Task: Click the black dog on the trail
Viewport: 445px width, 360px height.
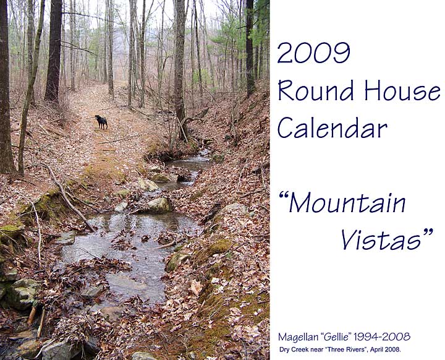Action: click(x=101, y=122)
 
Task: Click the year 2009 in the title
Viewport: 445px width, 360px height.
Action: click(x=313, y=53)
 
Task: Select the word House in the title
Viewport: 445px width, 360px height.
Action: click(x=402, y=90)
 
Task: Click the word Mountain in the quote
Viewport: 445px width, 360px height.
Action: click(x=347, y=203)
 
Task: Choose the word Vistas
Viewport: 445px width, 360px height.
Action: click(x=381, y=239)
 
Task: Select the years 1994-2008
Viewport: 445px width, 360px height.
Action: click(x=382, y=337)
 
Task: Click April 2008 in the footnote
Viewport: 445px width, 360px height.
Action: click(x=385, y=349)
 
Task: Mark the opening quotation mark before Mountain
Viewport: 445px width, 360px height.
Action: click(x=283, y=195)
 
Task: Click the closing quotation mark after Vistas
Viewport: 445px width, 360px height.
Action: click(x=428, y=232)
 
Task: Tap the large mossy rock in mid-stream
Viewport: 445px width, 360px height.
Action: click(x=159, y=205)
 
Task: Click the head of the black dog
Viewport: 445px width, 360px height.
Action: click(x=98, y=118)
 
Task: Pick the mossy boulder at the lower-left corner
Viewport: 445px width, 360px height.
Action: click(x=20, y=293)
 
